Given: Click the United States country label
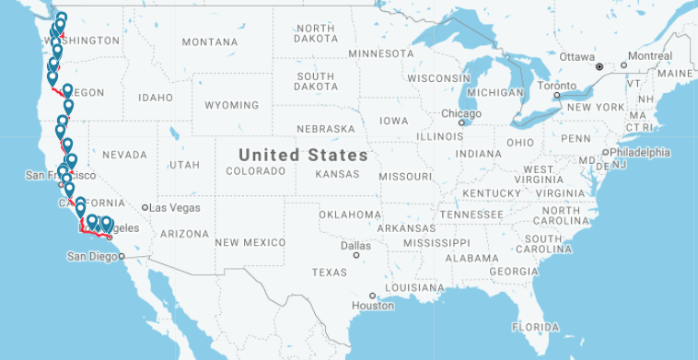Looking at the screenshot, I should (303, 155).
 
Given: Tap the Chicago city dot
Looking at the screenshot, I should (462, 121).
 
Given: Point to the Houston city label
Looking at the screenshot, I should (373, 306).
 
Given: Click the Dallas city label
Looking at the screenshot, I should (355, 245).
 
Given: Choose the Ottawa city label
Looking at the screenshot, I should (577, 56).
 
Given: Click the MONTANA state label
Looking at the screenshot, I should (209, 42).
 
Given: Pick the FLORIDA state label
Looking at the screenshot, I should (535, 327).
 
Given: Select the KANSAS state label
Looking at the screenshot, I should (336, 173).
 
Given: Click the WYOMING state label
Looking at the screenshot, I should (231, 106).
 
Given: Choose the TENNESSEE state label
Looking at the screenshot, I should (471, 215).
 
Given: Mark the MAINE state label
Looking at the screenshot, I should (676, 73).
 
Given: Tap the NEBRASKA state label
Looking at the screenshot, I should (325, 128).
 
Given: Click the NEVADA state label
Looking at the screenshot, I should (124, 155).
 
